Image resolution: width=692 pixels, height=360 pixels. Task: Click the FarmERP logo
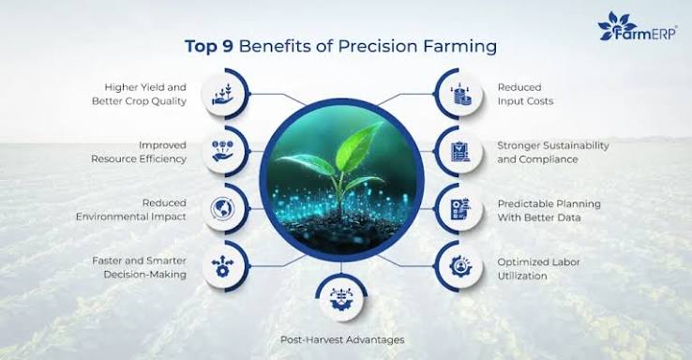tap(637, 27)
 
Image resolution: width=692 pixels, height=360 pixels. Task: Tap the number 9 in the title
tap(228, 46)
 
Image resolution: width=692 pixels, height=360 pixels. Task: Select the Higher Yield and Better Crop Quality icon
tap(222, 94)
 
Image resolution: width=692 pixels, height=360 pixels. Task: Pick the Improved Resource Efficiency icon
tap(222, 151)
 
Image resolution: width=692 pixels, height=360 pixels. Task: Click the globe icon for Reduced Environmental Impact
tap(222, 208)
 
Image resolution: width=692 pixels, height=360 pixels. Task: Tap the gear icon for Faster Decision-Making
tap(222, 266)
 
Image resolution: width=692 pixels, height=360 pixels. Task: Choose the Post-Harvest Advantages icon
tap(340, 299)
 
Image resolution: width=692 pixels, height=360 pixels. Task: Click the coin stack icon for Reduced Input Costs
tap(460, 94)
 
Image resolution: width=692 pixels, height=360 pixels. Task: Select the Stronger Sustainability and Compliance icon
tap(460, 152)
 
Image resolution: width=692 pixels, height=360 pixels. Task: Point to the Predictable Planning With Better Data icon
tap(460, 209)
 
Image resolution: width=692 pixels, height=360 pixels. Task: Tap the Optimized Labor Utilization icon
tap(460, 266)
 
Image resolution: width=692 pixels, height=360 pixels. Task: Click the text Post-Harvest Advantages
tap(342, 339)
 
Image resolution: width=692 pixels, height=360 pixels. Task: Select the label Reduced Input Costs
tap(525, 94)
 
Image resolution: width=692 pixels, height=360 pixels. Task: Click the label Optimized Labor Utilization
tap(538, 269)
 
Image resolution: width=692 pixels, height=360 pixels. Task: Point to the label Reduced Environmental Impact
tap(131, 210)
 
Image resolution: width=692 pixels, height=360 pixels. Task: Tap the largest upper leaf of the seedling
tap(357, 145)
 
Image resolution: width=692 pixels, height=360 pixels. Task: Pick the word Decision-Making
tap(144, 275)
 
